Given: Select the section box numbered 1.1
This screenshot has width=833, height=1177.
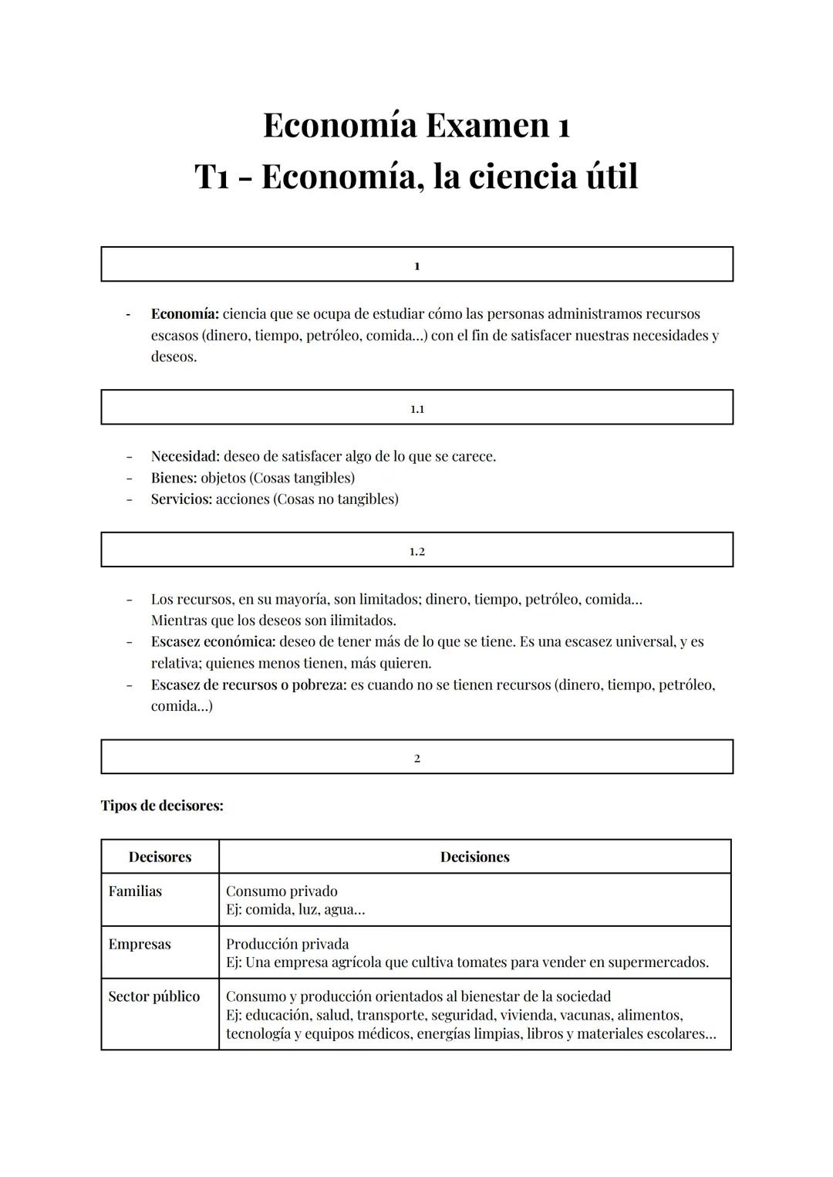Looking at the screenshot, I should tap(416, 408).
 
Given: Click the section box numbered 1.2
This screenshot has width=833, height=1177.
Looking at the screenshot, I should tap(416, 550).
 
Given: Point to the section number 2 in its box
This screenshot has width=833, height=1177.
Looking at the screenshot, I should tap(417, 758).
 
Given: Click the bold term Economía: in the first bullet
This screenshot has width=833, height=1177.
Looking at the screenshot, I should tap(185, 314).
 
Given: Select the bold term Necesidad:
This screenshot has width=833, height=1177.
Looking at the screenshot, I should tap(185, 456).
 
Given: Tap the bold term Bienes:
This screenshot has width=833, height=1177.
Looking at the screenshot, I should tap(174, 478).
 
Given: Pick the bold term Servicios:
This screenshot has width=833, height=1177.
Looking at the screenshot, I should tap(181, 499).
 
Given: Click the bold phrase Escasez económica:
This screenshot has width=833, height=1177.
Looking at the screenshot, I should tap(213, 641).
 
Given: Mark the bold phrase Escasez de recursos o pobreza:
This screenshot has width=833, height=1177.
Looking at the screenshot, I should tap(248, 685).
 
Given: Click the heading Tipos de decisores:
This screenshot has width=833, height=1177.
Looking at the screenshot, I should tap(162, 806).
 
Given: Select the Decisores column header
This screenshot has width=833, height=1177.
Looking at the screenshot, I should tap(160, 857).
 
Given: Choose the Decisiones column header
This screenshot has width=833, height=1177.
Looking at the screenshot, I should tap(474, 857).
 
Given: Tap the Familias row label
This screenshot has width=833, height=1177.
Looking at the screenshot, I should tap(135, 891).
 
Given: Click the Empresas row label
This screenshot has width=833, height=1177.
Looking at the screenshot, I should tap(140, 944).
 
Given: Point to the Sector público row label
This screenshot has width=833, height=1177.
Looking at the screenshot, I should tap(154, 996).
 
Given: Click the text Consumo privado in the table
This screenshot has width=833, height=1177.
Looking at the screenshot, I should tap(282, 891).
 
